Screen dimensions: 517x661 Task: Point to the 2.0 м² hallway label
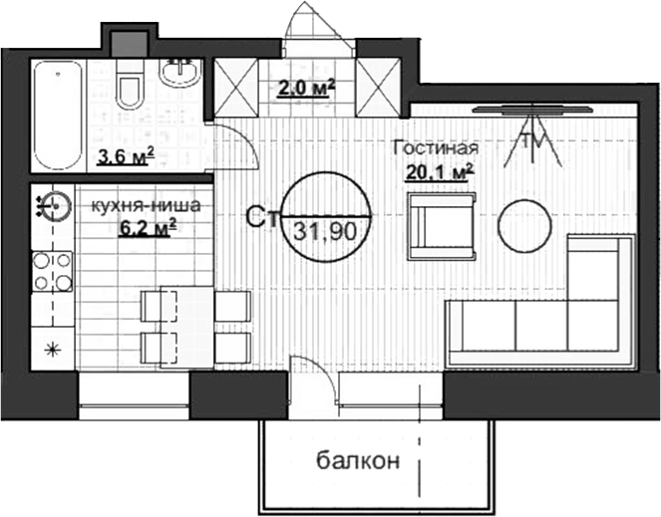click(306, 88)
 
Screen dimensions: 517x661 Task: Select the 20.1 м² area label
click(439, 171)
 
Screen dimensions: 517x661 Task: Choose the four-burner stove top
click(52, 270)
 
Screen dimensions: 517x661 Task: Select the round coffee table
click(525, 227)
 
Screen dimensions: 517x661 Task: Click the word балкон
click(359, 461)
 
